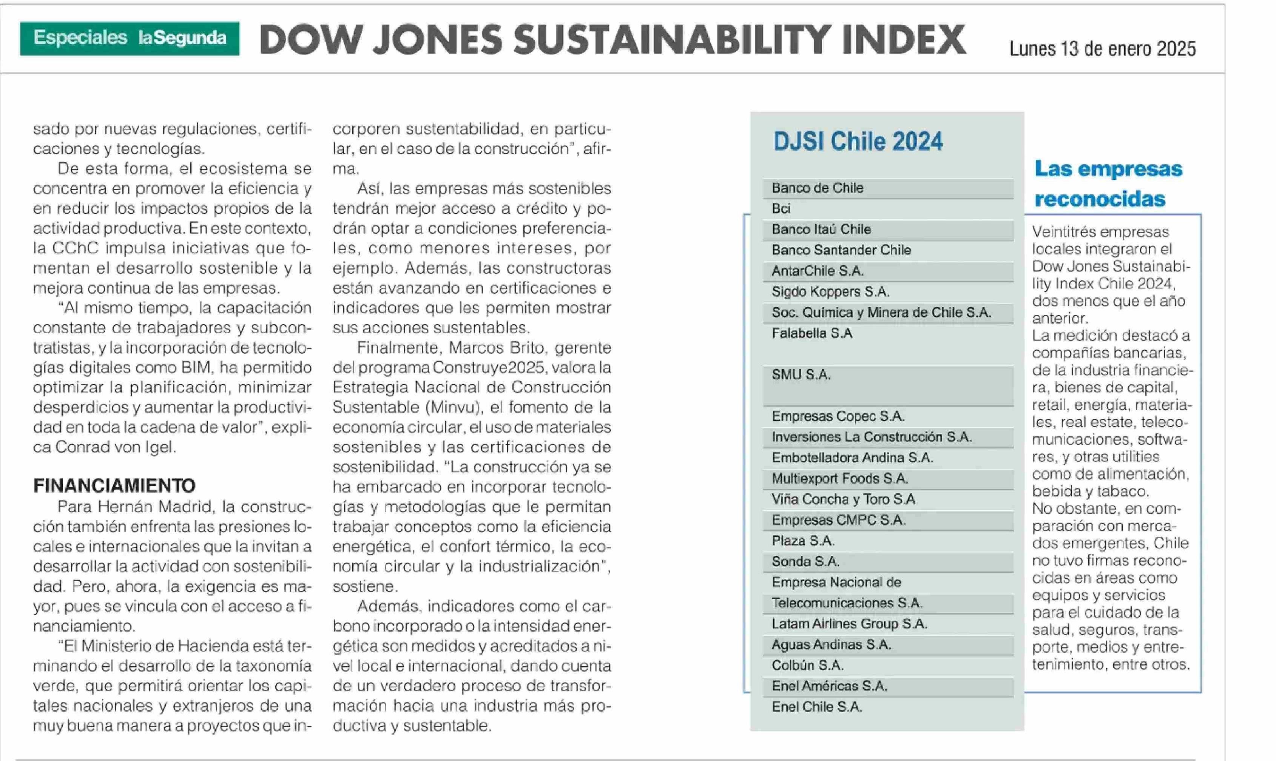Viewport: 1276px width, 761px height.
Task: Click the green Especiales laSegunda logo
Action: [x=130, y=38]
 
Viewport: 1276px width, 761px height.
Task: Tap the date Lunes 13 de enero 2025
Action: [x=1102, y=49]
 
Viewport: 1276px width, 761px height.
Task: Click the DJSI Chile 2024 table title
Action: [x=858, y=141]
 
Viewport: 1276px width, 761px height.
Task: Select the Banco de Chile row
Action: [x=818, y=188]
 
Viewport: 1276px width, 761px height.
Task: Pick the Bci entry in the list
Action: [x=781, y=209]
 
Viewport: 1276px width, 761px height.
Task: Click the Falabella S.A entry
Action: [x=812, y=333]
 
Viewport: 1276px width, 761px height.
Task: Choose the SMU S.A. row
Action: [x=801, y=375]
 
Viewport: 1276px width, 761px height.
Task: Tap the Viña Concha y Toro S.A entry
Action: [x=843, y=499]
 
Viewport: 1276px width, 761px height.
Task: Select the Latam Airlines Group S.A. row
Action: [x=849, y=624]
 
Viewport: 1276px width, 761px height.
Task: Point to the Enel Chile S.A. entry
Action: [x=817, y=707]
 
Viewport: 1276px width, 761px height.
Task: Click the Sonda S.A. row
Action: [x=805, y=562]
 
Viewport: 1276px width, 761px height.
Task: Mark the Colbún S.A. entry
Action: [x=807, y=665]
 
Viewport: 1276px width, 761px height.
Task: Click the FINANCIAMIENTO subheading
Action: [x=114, y=485]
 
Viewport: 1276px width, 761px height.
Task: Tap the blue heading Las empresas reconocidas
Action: [x=1108, y=183]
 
